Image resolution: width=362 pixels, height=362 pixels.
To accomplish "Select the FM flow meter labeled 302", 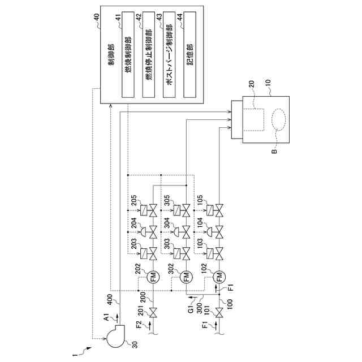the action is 186,276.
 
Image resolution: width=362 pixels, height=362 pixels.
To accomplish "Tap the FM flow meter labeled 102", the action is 219,276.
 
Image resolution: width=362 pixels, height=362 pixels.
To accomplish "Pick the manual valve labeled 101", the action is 219,313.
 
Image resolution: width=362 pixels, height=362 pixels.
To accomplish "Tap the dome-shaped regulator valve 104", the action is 215,232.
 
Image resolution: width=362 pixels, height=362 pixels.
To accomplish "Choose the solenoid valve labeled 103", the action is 215,253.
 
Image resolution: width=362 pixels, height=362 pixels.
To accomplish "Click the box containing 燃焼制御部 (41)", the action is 128,55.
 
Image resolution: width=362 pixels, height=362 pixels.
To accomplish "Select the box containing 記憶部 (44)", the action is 190,55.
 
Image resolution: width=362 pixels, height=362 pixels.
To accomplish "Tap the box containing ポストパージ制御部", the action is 169,55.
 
